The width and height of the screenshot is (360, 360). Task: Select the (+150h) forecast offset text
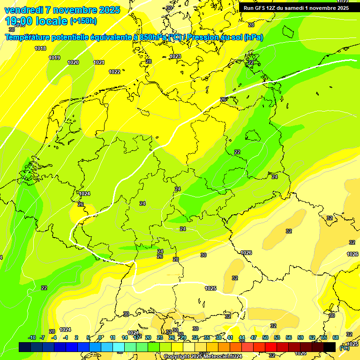(x=83, y=21)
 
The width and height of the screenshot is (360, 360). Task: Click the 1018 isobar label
(x=40, y=48)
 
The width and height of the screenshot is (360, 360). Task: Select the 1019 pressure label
(x=54, y=58)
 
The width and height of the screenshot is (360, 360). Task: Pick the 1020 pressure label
(x=73, y=62)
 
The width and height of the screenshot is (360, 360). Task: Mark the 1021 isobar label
(x=99, y=62)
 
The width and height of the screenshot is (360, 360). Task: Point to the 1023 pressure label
(x=175, y=56)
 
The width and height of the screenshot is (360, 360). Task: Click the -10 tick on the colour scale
(x=32, y=337)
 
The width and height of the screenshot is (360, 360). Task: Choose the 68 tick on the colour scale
(x=336, y=337)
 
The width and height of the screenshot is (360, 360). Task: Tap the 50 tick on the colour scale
(x=265, y=337)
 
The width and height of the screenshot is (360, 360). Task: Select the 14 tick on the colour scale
(x=125, y=337)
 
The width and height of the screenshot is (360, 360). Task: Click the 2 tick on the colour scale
(x=76, y=337)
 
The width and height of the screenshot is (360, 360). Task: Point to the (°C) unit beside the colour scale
(x=345, y=347)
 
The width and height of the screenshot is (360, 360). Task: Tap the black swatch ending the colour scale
(x=330, y=347)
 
